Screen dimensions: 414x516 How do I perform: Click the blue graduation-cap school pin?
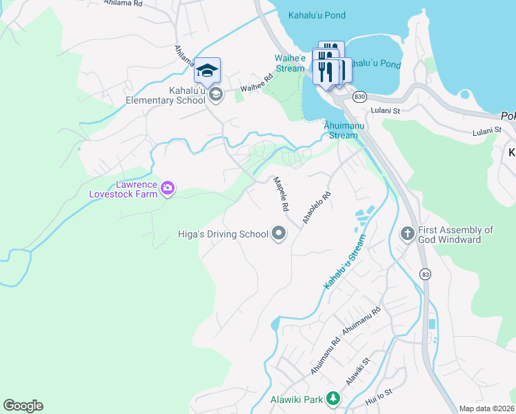click(207, 70)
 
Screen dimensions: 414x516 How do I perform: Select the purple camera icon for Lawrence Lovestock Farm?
click(167, 187)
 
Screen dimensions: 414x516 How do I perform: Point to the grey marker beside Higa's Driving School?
click(279, 234)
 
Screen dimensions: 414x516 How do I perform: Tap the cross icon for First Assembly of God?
click(408, 234)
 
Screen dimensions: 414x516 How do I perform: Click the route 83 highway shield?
click(425, 273)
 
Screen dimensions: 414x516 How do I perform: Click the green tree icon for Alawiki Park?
click(333, 399)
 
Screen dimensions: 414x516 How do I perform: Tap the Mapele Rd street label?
click(280, 194)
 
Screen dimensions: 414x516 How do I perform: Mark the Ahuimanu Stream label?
click(341, 130)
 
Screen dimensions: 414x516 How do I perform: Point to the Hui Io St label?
click(379, 396)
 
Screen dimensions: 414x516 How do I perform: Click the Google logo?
click(23, 406)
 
